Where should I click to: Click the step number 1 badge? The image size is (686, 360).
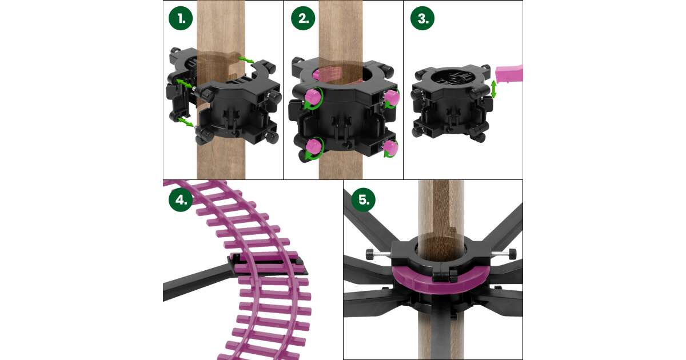(x=181, y=18)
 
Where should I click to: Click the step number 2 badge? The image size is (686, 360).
(x=303, y=18)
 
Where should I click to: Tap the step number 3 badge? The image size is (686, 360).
(x=422, y=18)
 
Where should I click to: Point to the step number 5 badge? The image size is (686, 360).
(x=363, y=199)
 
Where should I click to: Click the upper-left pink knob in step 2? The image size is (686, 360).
(x=313, y=97)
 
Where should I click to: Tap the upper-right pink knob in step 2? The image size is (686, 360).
(x=392, y=98)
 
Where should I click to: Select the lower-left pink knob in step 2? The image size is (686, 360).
(x=313, y=147)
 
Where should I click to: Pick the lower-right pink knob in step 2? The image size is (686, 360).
(x=390, y=148)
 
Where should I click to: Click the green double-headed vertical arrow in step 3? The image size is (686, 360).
(x=493, y=89)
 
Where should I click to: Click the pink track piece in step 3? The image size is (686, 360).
(x=509, y=74)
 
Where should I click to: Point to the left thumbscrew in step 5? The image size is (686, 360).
(x=378, y=254)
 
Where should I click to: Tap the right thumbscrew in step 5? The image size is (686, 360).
(x=504, y=254)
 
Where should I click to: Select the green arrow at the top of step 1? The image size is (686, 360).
(x=246, y=59)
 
